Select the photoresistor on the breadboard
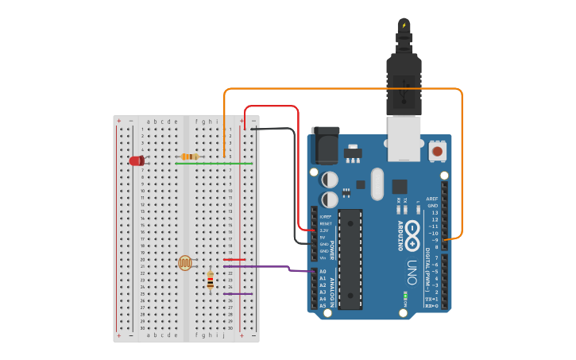click(185, 262)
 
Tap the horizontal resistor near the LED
click(190, 157)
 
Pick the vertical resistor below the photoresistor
click(210, 281)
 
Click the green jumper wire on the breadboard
click(215, 164)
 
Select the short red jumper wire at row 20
click(234, 259)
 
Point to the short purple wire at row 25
click(238, 294)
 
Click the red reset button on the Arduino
click(437, 149)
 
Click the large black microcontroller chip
click(350, 258)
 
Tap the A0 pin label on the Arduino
click(323, 272)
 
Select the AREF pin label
click(432, 199)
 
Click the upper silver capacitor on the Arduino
click(329, 180)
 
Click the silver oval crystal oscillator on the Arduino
click(377, 184)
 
